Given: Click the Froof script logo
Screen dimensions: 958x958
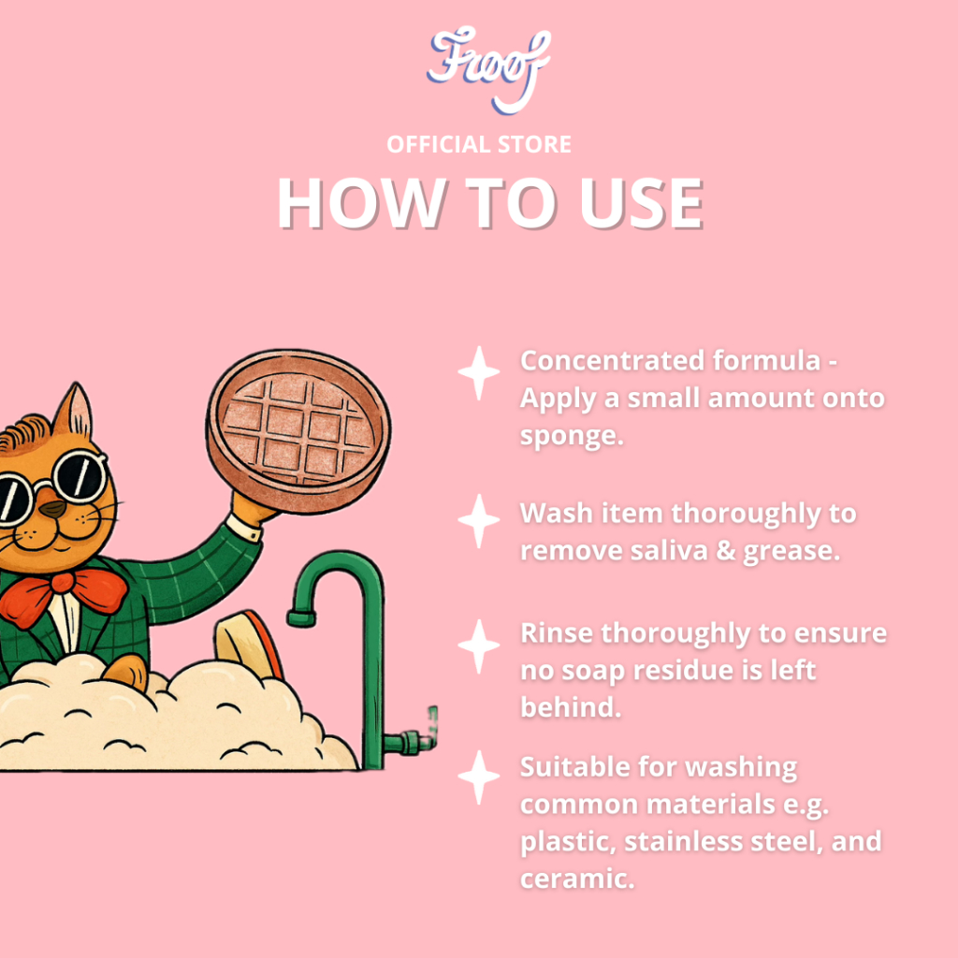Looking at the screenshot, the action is tap(488, 68).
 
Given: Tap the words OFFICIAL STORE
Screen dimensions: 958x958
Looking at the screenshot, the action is tap(479, 145).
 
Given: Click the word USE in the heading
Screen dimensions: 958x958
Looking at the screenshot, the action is tap(641, 203).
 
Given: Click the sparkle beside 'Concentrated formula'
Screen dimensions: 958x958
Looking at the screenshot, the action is tap(478, 372).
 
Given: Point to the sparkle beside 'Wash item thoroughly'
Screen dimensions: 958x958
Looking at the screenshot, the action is tap(478, 520).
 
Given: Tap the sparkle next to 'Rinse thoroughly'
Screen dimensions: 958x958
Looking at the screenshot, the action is tap(478, 646).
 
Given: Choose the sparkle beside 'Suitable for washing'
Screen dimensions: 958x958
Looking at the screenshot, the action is tap(478, 777).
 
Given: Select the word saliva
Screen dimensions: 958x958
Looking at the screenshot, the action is tap(668, 550).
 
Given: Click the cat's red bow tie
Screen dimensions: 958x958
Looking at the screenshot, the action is tap(63, 596).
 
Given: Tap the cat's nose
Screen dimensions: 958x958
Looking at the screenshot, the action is tap(53, 508).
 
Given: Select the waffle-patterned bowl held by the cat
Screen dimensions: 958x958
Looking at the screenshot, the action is tap(298, 431).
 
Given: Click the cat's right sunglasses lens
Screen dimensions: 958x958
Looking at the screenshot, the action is tap(78, 476).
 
